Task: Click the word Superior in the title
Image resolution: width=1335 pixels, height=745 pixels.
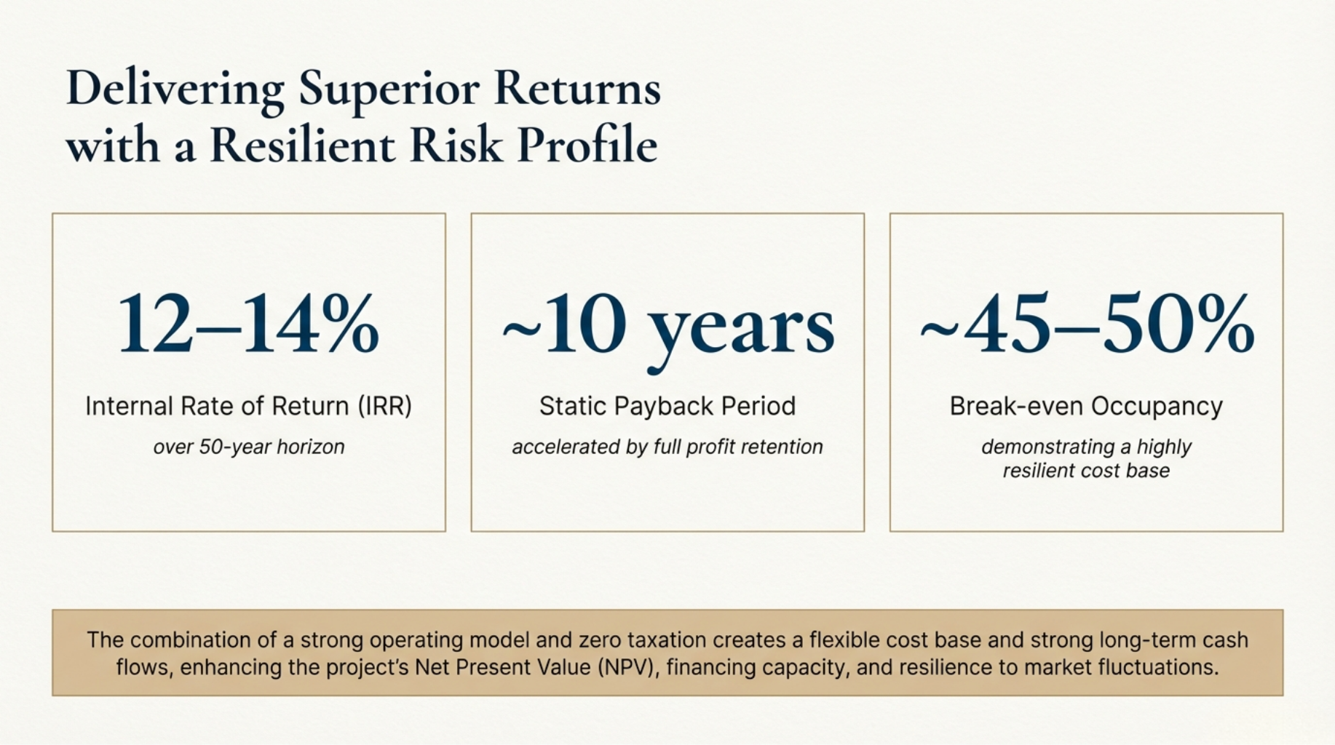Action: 389,89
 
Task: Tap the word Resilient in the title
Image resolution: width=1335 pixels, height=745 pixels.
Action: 303,144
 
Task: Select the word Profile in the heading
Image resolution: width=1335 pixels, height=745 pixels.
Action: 587,144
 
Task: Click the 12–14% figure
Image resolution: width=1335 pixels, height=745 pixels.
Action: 249,324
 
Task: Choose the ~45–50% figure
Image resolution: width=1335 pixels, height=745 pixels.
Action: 1087,324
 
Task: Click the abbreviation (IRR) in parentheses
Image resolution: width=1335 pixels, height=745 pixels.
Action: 384,406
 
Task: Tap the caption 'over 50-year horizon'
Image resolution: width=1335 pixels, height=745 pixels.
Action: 249,447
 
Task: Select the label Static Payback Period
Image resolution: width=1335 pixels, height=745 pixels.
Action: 667,406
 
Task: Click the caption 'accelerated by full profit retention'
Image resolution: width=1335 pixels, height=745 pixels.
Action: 667,447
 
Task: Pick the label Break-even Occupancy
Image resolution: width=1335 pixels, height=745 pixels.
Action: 1086,406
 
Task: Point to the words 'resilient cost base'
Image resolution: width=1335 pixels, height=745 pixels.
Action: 1086,471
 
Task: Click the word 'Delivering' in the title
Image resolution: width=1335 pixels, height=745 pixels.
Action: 175,89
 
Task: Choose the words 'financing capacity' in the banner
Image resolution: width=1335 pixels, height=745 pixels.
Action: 758,667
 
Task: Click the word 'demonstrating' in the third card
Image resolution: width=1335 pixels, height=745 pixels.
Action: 1047,447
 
